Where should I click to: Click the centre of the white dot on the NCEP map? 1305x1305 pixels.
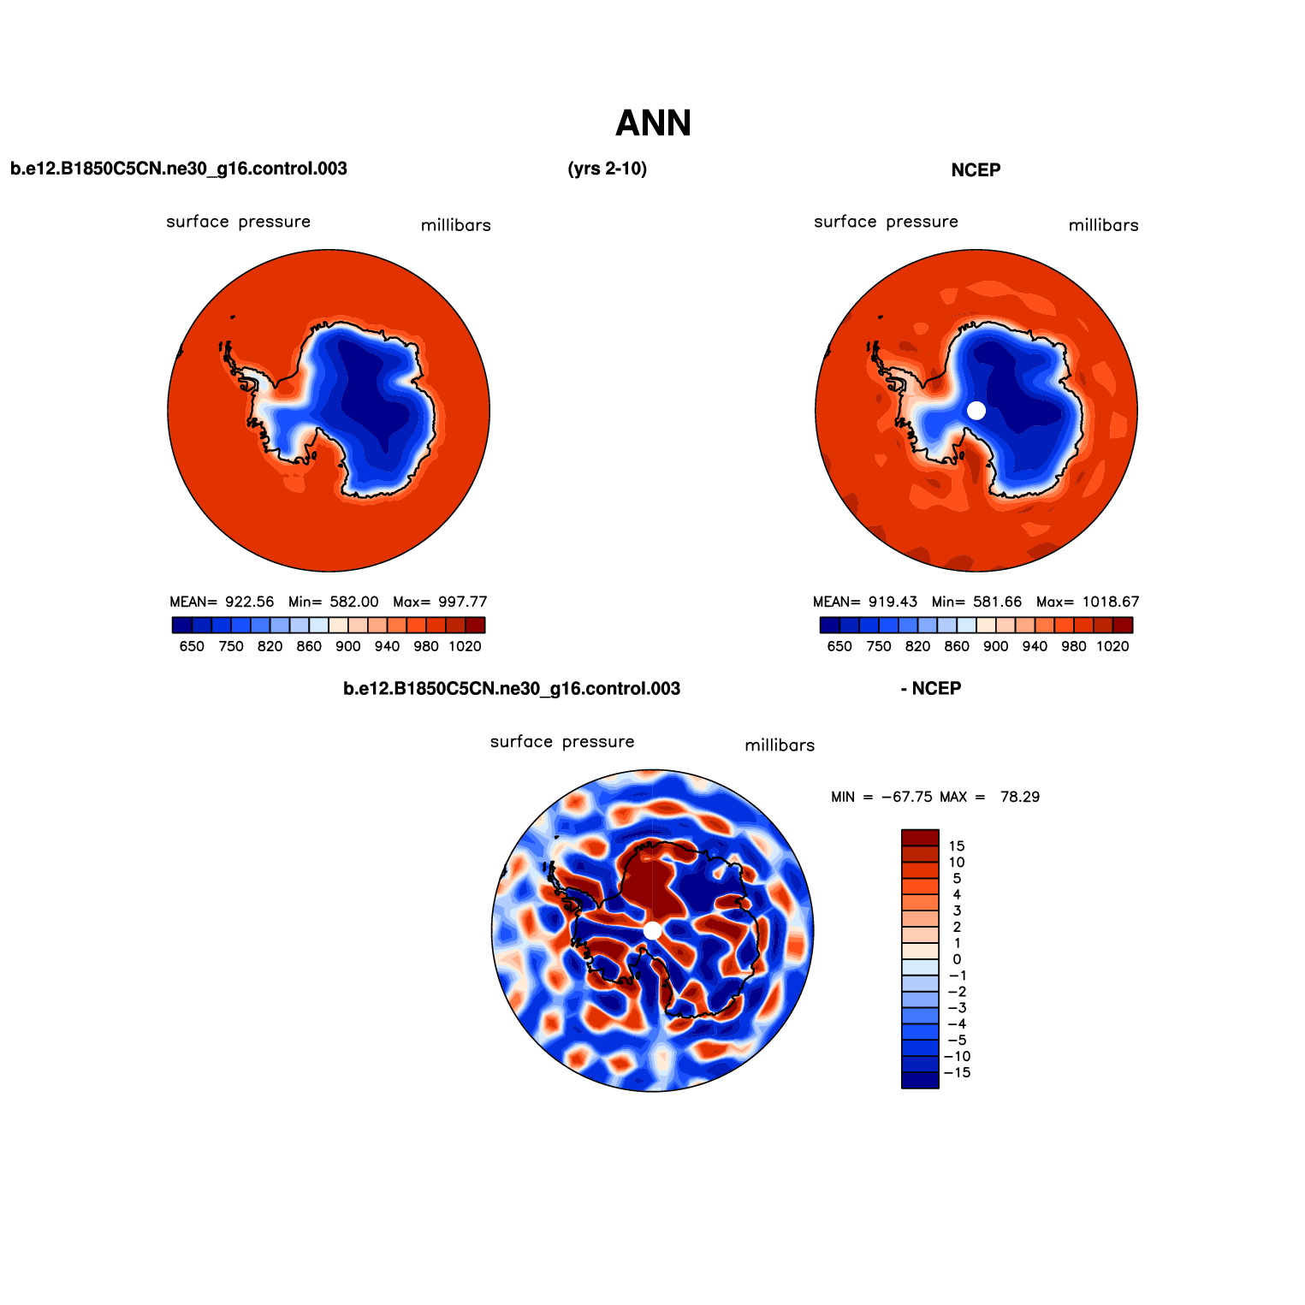976,411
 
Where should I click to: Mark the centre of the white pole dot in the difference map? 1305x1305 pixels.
652,930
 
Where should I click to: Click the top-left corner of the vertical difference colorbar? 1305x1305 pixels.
902,829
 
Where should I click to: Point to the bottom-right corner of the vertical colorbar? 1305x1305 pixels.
939,1088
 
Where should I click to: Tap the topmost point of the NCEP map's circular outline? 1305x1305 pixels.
976,250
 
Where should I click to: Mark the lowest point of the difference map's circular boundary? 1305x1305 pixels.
653,1091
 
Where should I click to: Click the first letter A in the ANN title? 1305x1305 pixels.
628,123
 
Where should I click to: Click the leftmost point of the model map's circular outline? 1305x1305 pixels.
168,411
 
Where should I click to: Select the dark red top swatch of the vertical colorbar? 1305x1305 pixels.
920,838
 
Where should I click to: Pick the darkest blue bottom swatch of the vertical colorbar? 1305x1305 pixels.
920,1081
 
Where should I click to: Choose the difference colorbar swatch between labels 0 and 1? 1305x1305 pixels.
920,951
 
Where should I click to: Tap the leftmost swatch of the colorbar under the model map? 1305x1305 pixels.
181,626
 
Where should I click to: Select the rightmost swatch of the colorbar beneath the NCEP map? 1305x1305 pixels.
1123,626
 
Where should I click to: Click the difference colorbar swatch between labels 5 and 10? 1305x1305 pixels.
920,870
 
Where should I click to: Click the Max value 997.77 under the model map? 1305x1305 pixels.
462,602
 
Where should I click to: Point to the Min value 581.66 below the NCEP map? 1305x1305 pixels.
998,602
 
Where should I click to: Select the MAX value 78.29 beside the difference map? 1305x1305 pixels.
1020,797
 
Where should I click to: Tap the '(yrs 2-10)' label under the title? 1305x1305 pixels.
608,169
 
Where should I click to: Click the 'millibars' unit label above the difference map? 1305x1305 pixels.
780,745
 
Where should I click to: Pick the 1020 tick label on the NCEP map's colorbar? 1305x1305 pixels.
1113,647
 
